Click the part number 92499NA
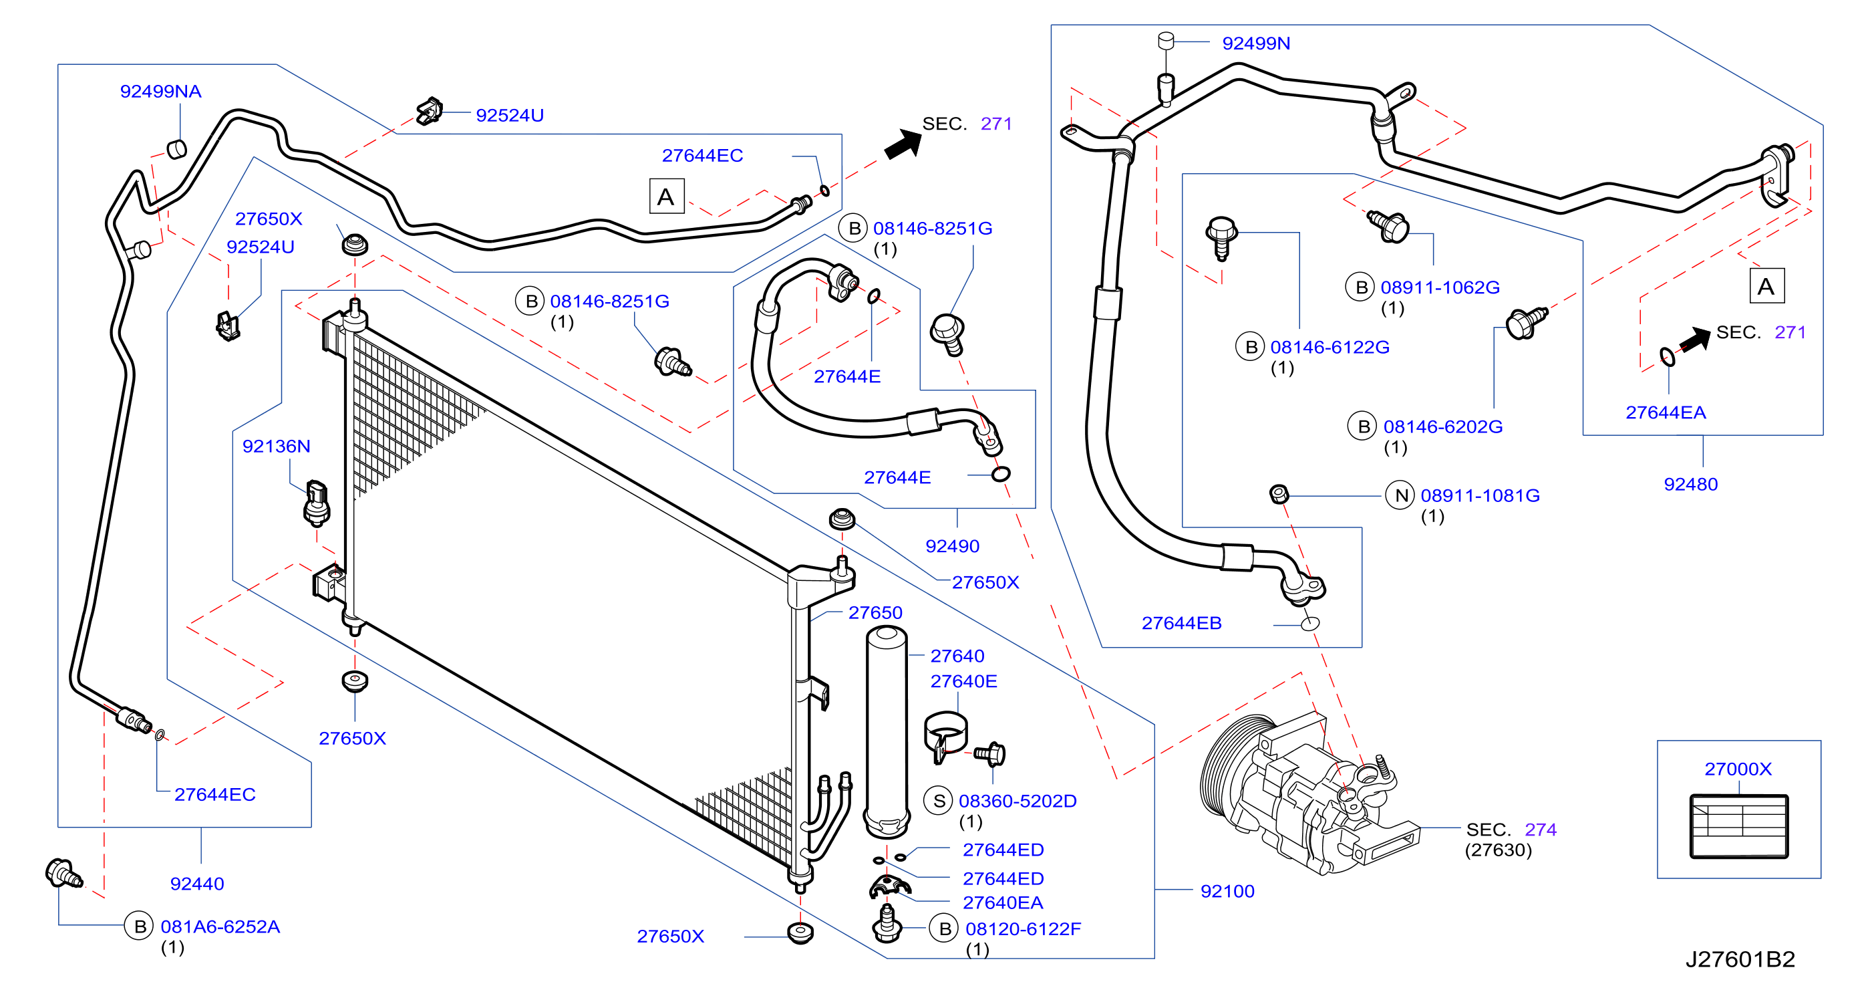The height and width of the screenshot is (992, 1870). pyautogui.click(x=160, y=92)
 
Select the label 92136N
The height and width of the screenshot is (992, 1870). pyautogui.click(x=276, y=446)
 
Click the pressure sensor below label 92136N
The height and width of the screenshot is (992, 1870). pyautogui.click(x=317, y=502)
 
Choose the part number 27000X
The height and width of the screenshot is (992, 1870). pyautogui.click(x=1738, y=768)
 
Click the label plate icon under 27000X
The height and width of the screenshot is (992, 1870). pyautogui.click(x=1738, y=826)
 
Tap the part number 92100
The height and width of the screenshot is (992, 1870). pyautogui.click(x=1227, y=891)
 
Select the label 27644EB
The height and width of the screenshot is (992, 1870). pyautogui.click(x=1181, y=623)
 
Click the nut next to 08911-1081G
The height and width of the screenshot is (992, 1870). pyautogui.click(x=1279, y=495)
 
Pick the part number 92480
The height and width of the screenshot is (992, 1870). pyautogui.click(x=1690, y=485)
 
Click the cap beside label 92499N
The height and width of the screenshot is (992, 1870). pyautogui.click(x=1166, y=41)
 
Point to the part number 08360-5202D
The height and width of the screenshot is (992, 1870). pyautogui.click(x=1017, y=801)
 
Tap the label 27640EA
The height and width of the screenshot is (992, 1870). pyautogui.click(x=1003, y=902)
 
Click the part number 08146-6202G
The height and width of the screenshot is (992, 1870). pyautogui.click(x=1442, y=427)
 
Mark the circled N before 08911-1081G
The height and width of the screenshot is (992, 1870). pyautogui.click(x=1400, y=495)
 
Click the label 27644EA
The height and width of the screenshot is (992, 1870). pyautogui.click(x=1666, y=412)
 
